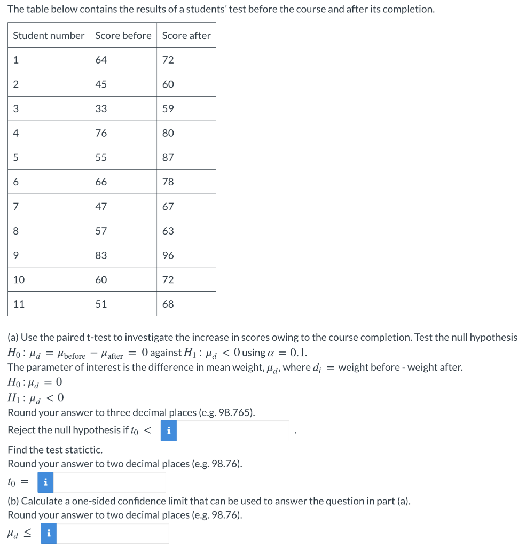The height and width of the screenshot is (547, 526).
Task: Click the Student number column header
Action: pyautogui.click(x=49, y=35)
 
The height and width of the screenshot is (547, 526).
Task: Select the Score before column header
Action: pyautogui.click(x=123, y=35)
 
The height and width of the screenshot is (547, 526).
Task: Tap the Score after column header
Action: pyautogui.click(x=186, y=35)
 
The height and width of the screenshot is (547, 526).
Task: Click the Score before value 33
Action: pyautogui.click(x=101, y=108)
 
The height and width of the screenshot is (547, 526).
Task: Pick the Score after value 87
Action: pyautogui.click(x=168, y=158)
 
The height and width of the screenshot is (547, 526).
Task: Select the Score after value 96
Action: pyautogui.click(x=168, y=255)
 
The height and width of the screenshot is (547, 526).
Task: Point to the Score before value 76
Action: pyautogui.click(x=101, y=133)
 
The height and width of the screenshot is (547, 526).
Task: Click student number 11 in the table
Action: pyautogui.click(x=19, y=304)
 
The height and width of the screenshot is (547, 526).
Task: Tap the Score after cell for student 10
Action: pyautogui.click(x=168, y=279)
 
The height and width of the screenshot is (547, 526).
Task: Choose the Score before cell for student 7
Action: pyautogui.click(x=101, y=206)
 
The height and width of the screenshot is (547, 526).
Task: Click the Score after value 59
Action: pyautogui.click(x=168, y=108)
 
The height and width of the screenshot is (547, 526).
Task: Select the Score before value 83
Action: pyautogui.click(x=101, y=255)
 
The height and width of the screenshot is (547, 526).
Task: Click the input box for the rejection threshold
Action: pyautogui.click(x=232, y=431)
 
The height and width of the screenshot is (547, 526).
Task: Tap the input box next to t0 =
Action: pyautogui.click(x=109, y=482)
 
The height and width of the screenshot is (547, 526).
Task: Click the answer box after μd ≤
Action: pyautogui.click(x=112, y=533)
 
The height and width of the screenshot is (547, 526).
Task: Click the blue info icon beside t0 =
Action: pyautogui.click(x=46, y=482)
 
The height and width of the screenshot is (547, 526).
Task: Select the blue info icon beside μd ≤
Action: pyautogui.click(x=49, y=533)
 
